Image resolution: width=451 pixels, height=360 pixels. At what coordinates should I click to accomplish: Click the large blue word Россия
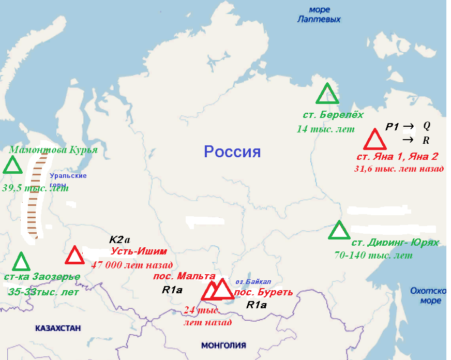click(x=232, y=152)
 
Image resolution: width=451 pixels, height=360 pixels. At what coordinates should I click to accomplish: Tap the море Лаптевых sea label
click(x=319, y=14)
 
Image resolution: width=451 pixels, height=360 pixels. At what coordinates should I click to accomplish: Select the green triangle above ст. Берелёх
click(x=327, y=94)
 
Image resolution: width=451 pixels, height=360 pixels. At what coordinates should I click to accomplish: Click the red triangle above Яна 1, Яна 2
click(x=373, y=140)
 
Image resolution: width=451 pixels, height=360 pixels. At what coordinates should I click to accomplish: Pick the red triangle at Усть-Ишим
click(x=74, y=256)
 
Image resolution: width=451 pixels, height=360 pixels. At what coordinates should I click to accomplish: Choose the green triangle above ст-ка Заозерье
click(x=21, y=262)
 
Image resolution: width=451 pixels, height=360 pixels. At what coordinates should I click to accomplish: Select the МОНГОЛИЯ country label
click(x=223, y=345)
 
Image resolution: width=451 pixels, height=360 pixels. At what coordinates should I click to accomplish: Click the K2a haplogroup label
click(x=119, y=240)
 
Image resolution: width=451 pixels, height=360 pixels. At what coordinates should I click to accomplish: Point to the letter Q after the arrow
click(x=427, y=126)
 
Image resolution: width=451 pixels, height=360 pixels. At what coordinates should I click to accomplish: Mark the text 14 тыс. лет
click(x=326, y=129)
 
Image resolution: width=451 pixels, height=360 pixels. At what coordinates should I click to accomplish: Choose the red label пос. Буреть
click(x=263, y=292)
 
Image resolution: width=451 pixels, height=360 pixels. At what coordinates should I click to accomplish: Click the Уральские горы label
click(x=68, y=180)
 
